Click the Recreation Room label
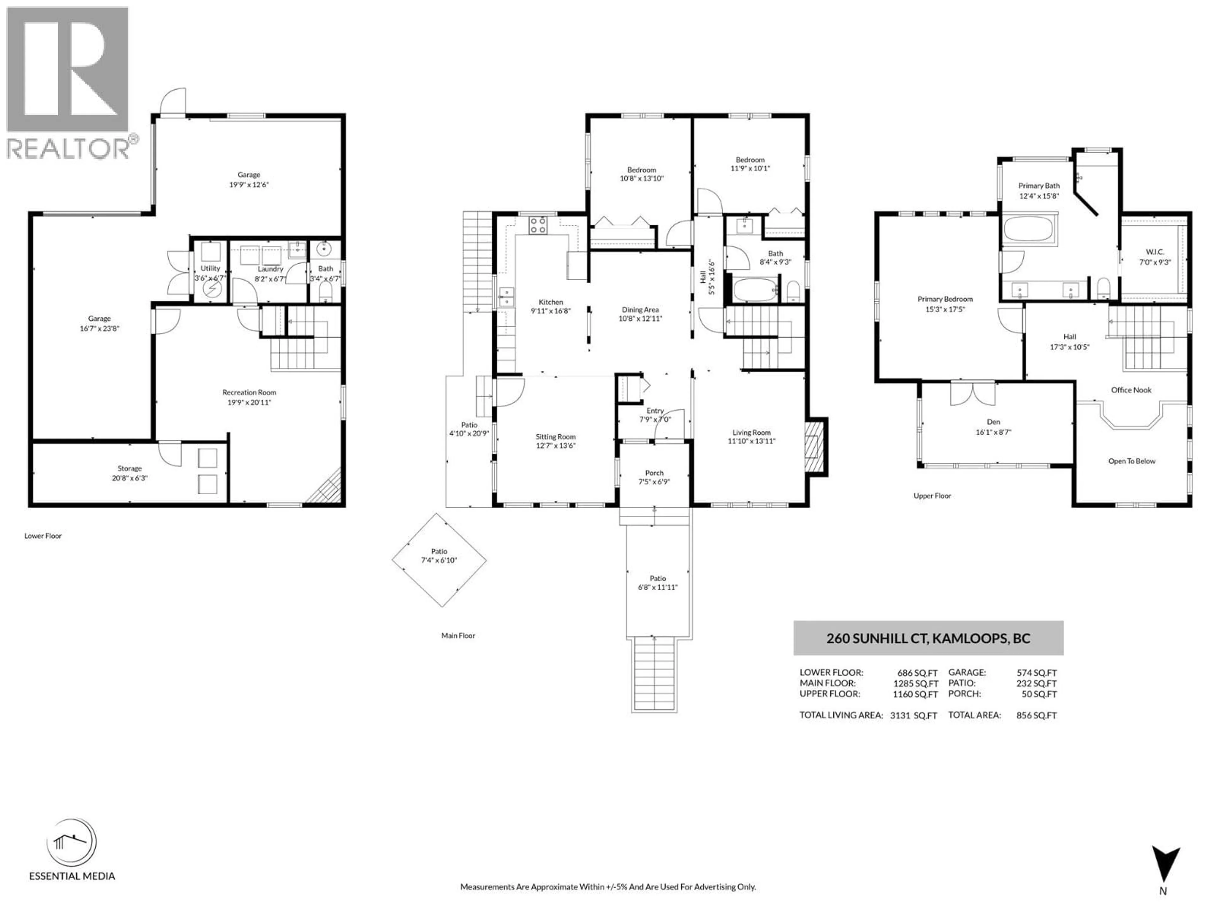pyautogui.click(x=249, y=392)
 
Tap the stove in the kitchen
pyautogui.click(x=538, y=225)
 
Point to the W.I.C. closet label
pyautogui.click(x=1155, y=252)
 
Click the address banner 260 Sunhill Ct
pyautogui.click(x=928, y=638)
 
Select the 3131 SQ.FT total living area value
pyautogui.click(x=913, y=715)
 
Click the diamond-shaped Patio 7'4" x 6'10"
pyautogui.click(x=439, y=560)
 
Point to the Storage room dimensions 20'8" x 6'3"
pyautogui.click(x=130, y=478)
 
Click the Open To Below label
pyautogui.click(x=1131, y=461)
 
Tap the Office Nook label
pyautogui.click(x=1131, y=390)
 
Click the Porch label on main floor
pyautogui.click(x=654, y=473)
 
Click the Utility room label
pyautogui.click(x=210, y=268)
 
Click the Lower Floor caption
pyautogui.click(x=43, y=535)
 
